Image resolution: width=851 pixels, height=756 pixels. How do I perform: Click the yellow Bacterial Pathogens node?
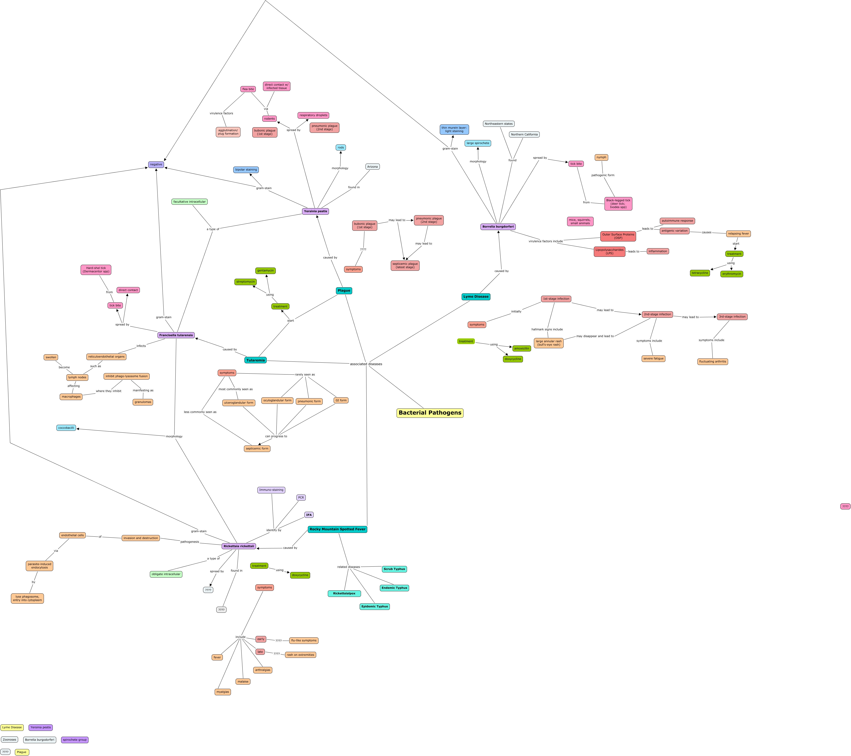click(x=430, y=413)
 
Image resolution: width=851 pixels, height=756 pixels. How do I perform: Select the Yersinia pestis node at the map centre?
click(x=315, y=211)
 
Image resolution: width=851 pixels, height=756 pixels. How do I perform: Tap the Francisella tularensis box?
click(x=176, y=335)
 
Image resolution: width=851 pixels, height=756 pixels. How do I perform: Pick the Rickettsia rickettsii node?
click(x=239, y=546)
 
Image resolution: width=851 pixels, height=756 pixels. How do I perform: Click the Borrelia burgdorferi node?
click(x=498, y=227)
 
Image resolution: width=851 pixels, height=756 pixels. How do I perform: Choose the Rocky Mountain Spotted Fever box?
click(x=337, y=529)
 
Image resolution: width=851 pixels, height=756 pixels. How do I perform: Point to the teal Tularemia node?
click(x=255, y=360)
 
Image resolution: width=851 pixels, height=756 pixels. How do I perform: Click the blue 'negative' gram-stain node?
click(x=156, y=165)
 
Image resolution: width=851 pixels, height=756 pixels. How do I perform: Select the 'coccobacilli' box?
click(x=66, y=428)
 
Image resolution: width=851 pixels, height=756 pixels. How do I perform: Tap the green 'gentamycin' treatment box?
click(x=265, y=271)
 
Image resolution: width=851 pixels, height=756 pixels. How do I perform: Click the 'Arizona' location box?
click(x=372, y=167)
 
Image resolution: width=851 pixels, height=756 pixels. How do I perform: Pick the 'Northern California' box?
click(x=524, y=135)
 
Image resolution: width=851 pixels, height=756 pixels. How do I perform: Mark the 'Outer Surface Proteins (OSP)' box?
click(x=618, y=236)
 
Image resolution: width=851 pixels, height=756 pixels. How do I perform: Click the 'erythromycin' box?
click(x=732, y=274)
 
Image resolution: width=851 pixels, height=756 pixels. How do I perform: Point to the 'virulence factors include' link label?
click(x=545, y=241)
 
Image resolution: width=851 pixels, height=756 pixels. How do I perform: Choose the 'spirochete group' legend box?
click(x=75, y=740)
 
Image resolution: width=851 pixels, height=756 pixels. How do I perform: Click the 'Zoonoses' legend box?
click(x=9, y=740)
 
